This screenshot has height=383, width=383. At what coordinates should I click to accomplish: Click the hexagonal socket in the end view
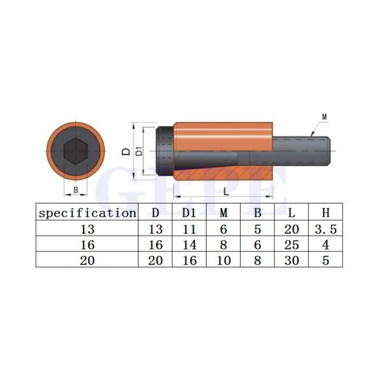point(76,151)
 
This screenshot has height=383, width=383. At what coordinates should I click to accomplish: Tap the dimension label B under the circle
point(76,190)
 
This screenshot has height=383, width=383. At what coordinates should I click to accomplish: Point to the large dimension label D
point(126,151)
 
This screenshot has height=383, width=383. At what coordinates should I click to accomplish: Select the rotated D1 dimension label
point(139,151)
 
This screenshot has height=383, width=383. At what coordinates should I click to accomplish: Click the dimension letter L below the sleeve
point(226,191)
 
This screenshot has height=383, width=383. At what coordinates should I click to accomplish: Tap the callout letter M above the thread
point(324,117)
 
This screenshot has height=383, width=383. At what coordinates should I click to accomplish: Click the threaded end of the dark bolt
point(302,151)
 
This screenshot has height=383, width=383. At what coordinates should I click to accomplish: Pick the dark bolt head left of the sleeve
point(165,151)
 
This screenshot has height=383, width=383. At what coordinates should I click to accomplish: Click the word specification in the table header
point(87,213)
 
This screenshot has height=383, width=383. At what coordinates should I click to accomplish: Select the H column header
point(326,213)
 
